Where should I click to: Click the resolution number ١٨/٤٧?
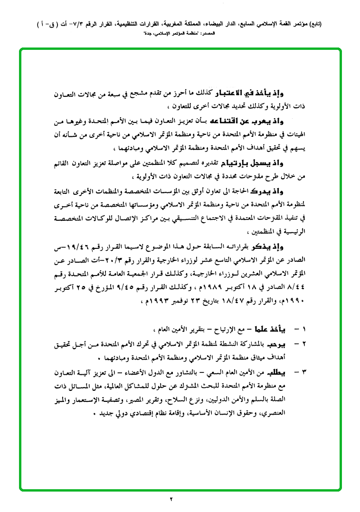coord(220,301)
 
